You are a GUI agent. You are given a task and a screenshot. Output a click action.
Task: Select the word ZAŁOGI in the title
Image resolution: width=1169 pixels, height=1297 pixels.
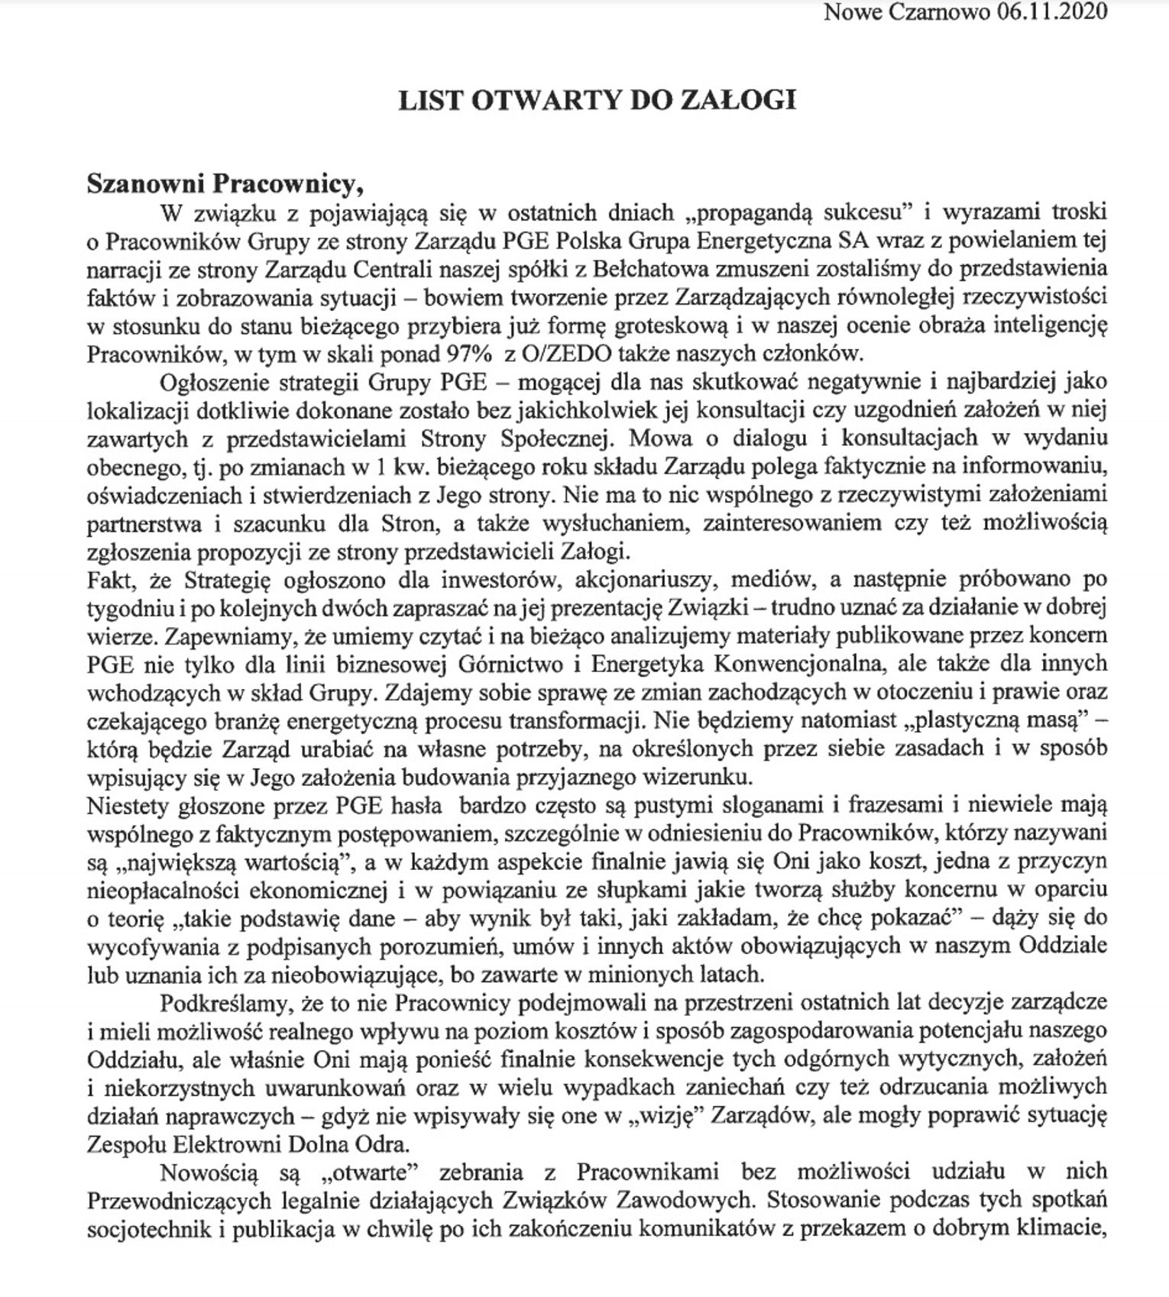point(745,100)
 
